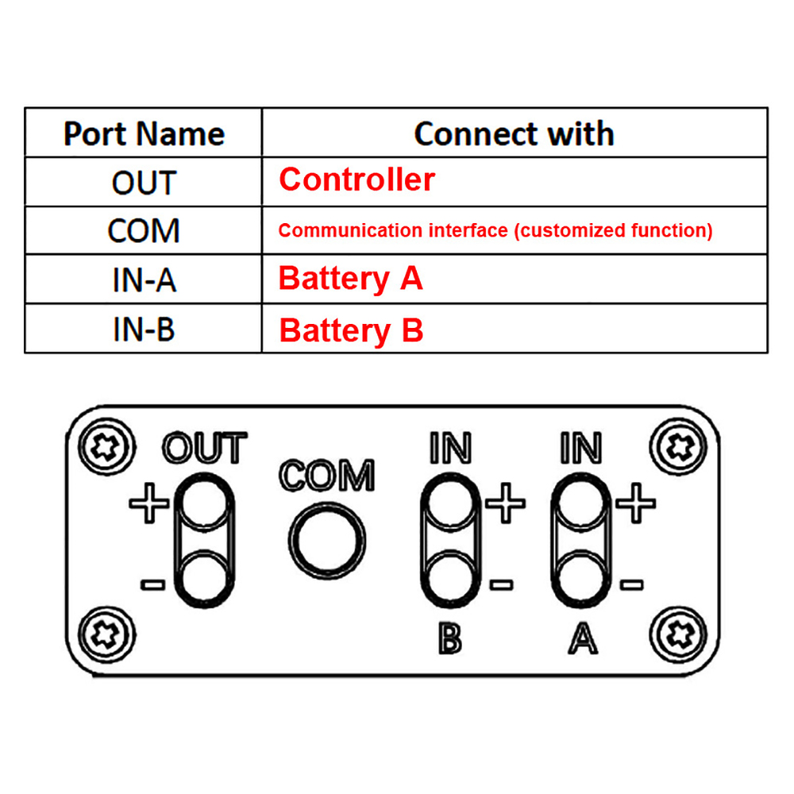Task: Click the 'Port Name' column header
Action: [144, 133]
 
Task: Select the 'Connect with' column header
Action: [514, 133]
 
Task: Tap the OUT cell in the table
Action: [144, 183]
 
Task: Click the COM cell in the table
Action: [144, 231]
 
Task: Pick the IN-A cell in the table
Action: [144, 280]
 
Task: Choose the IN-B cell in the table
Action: [144, 330]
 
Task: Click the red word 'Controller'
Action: [357, 180]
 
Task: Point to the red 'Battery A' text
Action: [350, 279]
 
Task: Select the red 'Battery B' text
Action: [351, 330]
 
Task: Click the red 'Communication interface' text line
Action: [495, 231]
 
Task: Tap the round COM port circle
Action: [327, 539]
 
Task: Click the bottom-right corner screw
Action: [677, 634]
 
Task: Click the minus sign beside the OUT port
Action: [152, 585]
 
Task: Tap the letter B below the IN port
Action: [449, 638]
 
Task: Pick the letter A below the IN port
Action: [582, 638]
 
